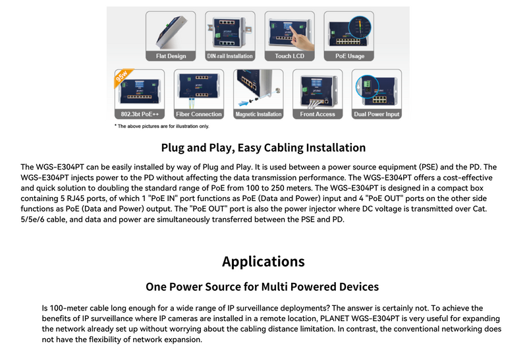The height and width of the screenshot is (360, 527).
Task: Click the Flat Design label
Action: point(171,56)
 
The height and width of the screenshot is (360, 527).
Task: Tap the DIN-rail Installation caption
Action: point(230,56)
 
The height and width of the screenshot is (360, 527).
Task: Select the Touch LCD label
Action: point(289,56)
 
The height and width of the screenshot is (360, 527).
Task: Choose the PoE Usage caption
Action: point(350,56)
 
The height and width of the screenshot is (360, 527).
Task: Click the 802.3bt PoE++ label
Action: point(140,114)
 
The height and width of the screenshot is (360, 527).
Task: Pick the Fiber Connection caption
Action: point(199,114)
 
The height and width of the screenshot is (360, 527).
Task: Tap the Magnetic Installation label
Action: point(258,114)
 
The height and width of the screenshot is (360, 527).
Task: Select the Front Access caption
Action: point(318,114)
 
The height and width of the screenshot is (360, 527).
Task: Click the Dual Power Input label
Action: point(376,114)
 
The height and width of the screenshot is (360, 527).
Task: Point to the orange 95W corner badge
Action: point(123,77)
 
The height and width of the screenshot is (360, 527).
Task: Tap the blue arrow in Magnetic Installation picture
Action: point(242,103)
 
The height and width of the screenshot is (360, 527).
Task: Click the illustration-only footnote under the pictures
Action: point(161,126)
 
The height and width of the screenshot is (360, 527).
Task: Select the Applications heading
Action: point(263,261)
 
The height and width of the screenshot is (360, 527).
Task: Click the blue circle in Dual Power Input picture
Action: point(367,87)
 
